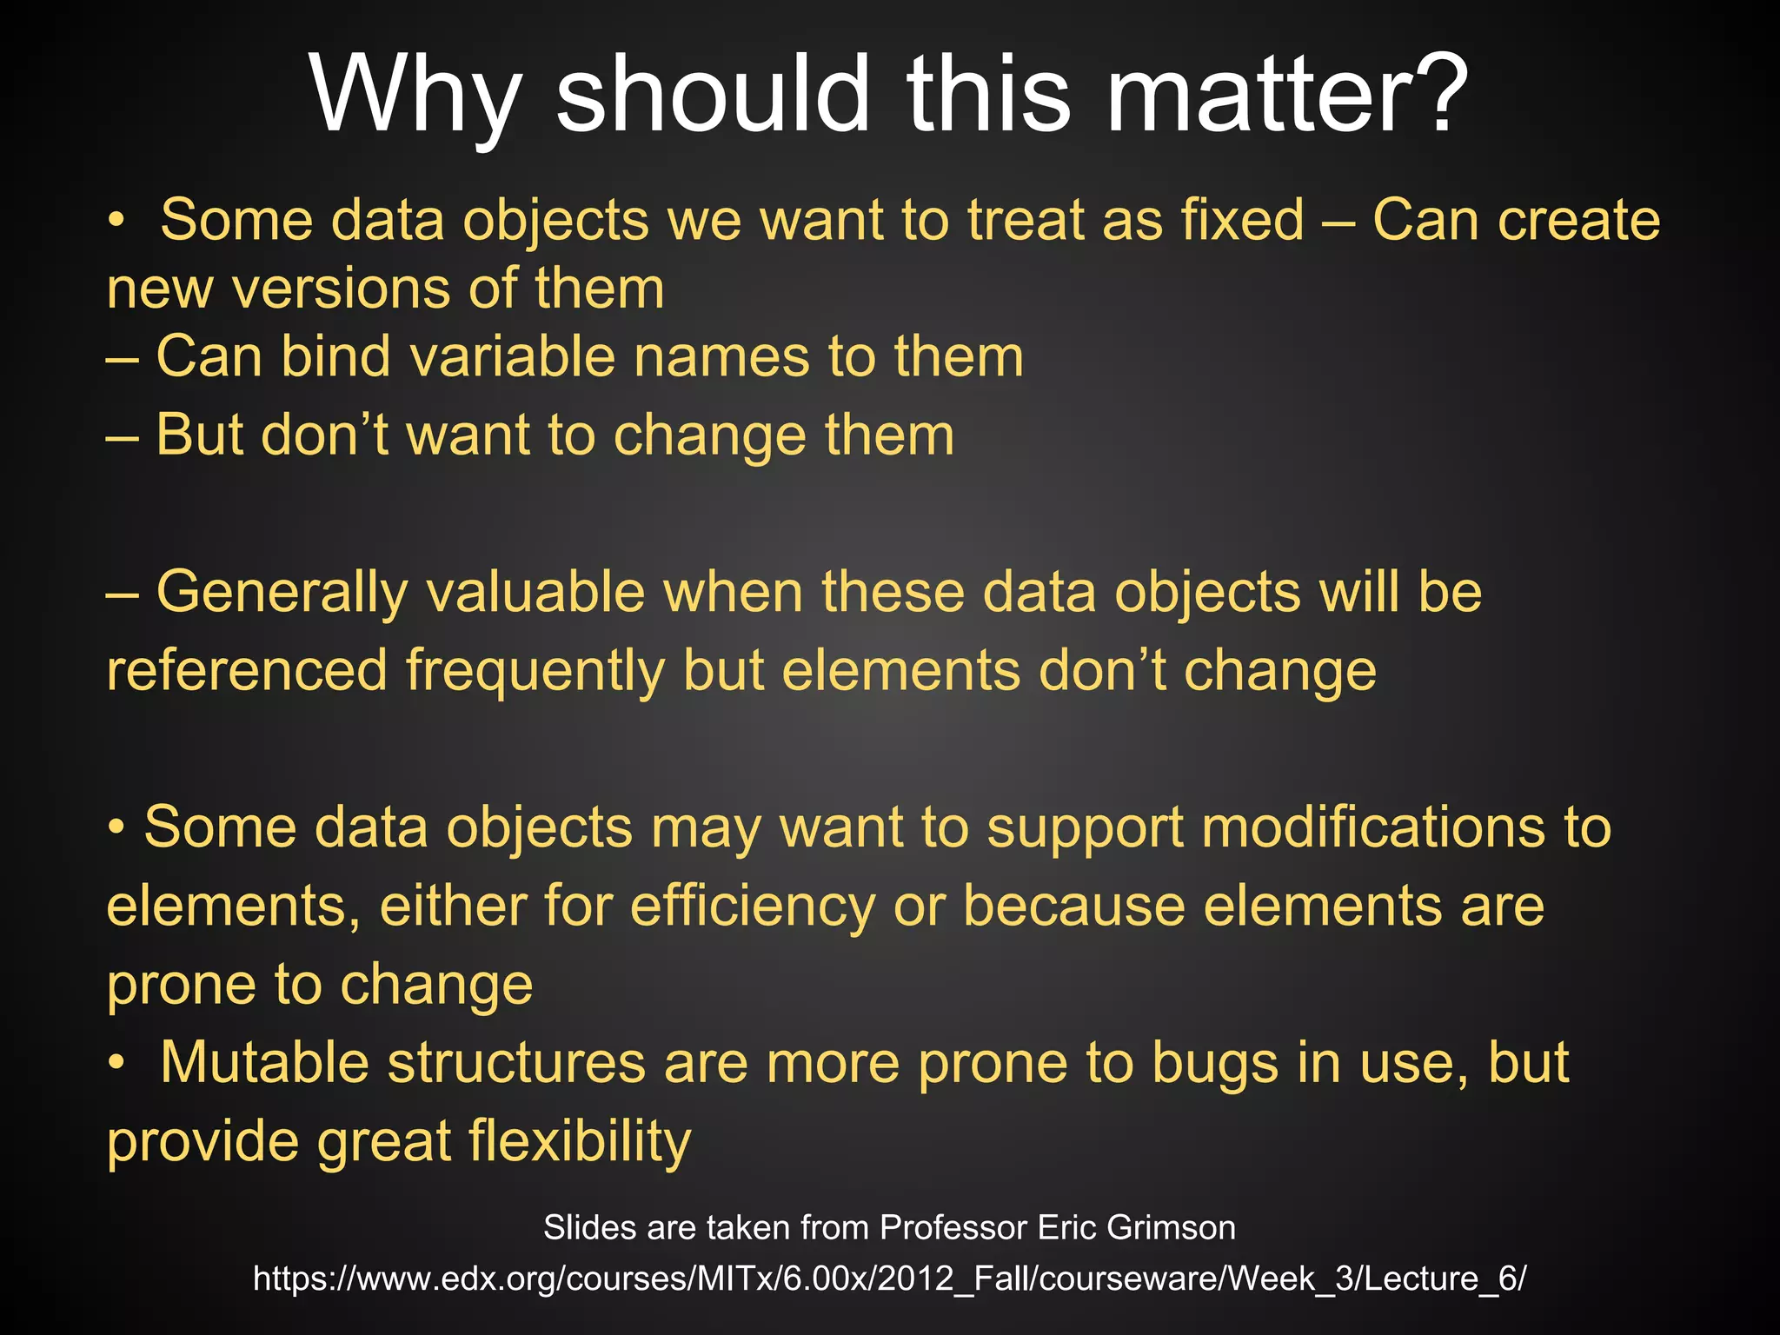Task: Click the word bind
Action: [335, 356]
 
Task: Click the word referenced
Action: [247, 671]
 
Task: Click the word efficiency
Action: [753, 907]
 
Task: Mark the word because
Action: [1074, 906]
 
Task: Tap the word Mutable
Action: [264, 1062]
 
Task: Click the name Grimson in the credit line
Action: [1171, 1228]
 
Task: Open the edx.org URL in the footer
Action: [889, 1279]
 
